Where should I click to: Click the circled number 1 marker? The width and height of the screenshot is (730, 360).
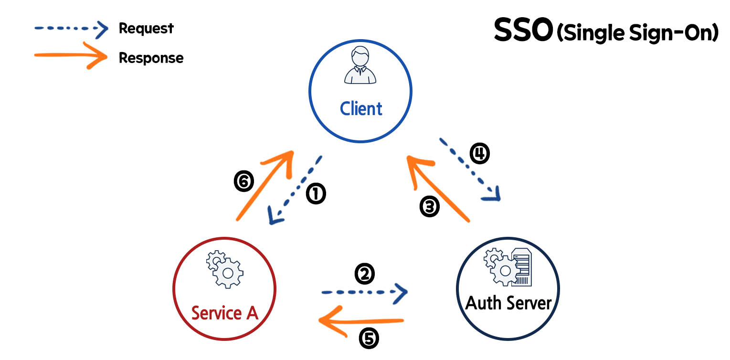click(x=316, y=195)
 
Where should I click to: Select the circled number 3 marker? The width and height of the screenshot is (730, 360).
click(x=429, y=206)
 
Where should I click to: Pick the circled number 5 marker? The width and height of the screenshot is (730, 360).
click(x=368, y=338)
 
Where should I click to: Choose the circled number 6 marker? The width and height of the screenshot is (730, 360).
click(x=243, y=182)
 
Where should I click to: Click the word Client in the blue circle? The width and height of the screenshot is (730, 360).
click(x=361, y=109)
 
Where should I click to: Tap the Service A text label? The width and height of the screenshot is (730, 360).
click(x=224, y=313)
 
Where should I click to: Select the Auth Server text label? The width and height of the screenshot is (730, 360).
click(x=508, y=303)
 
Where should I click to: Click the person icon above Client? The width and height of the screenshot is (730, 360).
click(x=360, y=65)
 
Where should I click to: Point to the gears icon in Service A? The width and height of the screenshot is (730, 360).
click(x=224, y=271)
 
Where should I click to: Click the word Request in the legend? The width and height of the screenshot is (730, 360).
click(x=146, y=28)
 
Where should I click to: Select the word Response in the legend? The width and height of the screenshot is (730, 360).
click(x=151, y=58)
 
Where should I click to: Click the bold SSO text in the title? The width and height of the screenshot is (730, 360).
click(x=523, y=31)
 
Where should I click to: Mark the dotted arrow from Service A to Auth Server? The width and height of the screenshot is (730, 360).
click(x=364, y=291)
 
